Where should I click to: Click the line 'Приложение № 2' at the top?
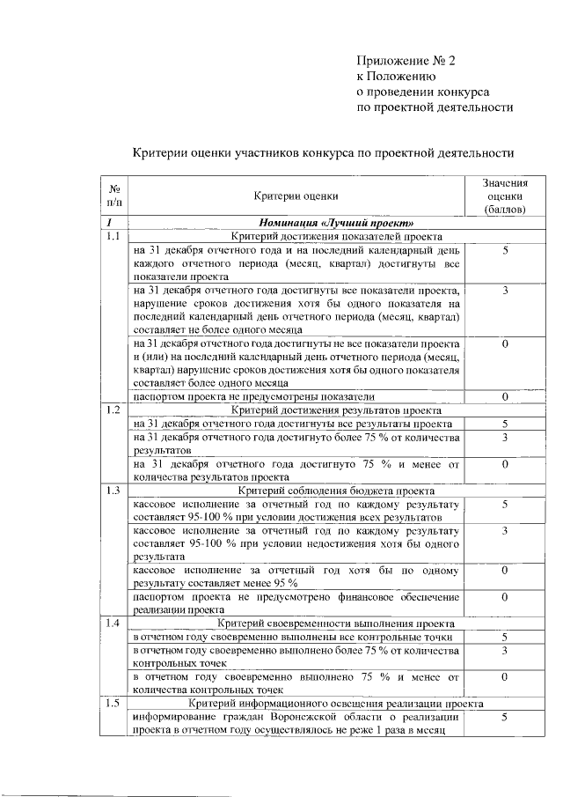click(x=407, y=61)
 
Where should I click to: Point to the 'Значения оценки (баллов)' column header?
click(x=505, y=196)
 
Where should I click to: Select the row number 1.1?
click(x=113, y=237)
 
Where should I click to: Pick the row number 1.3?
click(x=113, y=490)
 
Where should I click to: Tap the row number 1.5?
click(x=113, y=704)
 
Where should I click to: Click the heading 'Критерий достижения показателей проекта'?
click(x=336, y=237)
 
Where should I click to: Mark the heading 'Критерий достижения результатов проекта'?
click(x=336, y=410)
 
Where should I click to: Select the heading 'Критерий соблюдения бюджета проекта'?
click(x=336, y=490)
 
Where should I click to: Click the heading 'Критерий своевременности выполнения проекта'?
click(x=336, y=624)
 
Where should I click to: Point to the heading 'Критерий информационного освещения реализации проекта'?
click(x=336, y=704)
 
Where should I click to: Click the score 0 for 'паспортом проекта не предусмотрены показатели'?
click(x=505, y=397)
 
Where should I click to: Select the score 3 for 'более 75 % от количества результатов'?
click(x=505, y=437)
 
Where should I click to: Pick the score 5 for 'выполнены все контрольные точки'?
click(x=505, y=637)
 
